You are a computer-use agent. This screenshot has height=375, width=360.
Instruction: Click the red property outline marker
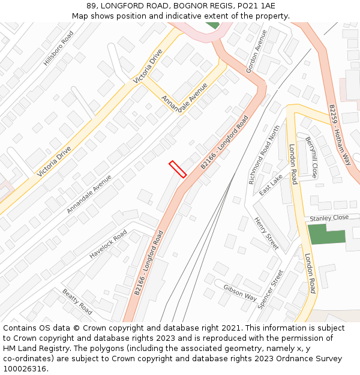click(x=178, y=169)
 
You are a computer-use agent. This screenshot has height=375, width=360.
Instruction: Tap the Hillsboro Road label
click(x=58, y=49)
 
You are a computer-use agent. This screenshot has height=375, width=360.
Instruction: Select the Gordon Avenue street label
click(x=256, y=52)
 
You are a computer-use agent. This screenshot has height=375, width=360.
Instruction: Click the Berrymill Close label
click(x=311, y=157)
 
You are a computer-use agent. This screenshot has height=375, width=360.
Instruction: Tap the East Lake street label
click(x=271, y=185)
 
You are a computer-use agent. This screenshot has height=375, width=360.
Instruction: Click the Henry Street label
click(x=266, y=233)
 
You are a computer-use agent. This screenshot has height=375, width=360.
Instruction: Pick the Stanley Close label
click(x=329, y=218)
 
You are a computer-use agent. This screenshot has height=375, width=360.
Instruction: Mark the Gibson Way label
click(x=240, y=293)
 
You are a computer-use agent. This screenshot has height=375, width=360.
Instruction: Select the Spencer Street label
click(x=270, y=289)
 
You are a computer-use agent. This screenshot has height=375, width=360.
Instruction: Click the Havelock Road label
click(x=108, y=244)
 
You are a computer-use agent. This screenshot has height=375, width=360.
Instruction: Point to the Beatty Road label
click(x=77, y=302)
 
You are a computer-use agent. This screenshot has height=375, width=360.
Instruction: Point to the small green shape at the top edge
click(x=212, y=25)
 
